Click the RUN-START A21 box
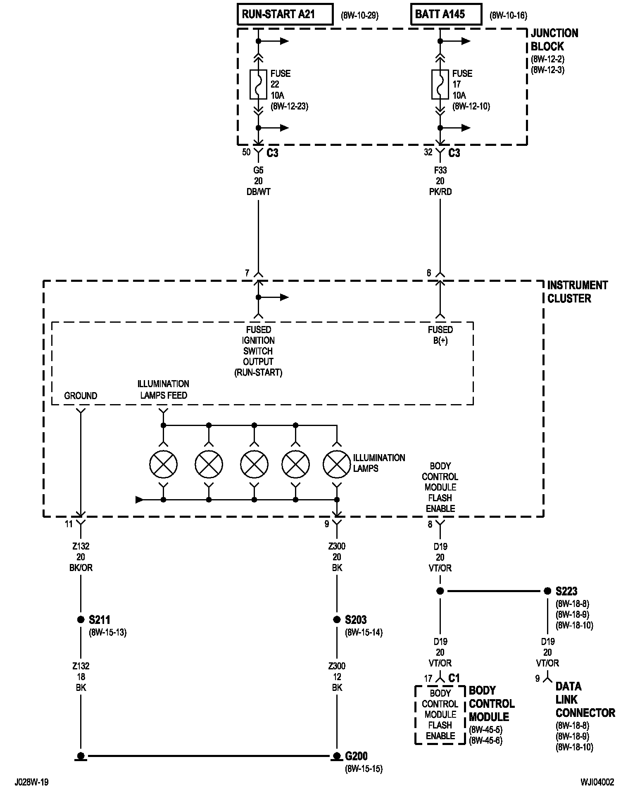tap(285, 14)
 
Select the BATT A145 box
tap(446, 14)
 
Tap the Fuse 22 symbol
tap(258, 84)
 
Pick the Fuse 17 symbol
tap(440, 84)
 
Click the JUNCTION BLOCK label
tap(554, 40)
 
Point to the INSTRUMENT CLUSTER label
tap(578, 292)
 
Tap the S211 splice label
tap(100, 620)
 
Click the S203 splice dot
tap(337, 620)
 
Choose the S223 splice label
tap(566, 591)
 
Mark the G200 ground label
tap(356, 756)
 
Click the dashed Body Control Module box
tap(440, 715)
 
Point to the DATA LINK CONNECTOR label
tap(585, 700)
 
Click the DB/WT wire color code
tap(258, 192)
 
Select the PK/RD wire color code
tap(440, 192)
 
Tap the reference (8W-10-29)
tap(359, 16)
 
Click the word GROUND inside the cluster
tap(81, 396)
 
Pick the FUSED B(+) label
tap(440, 335)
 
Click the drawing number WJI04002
tap(597, 782)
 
